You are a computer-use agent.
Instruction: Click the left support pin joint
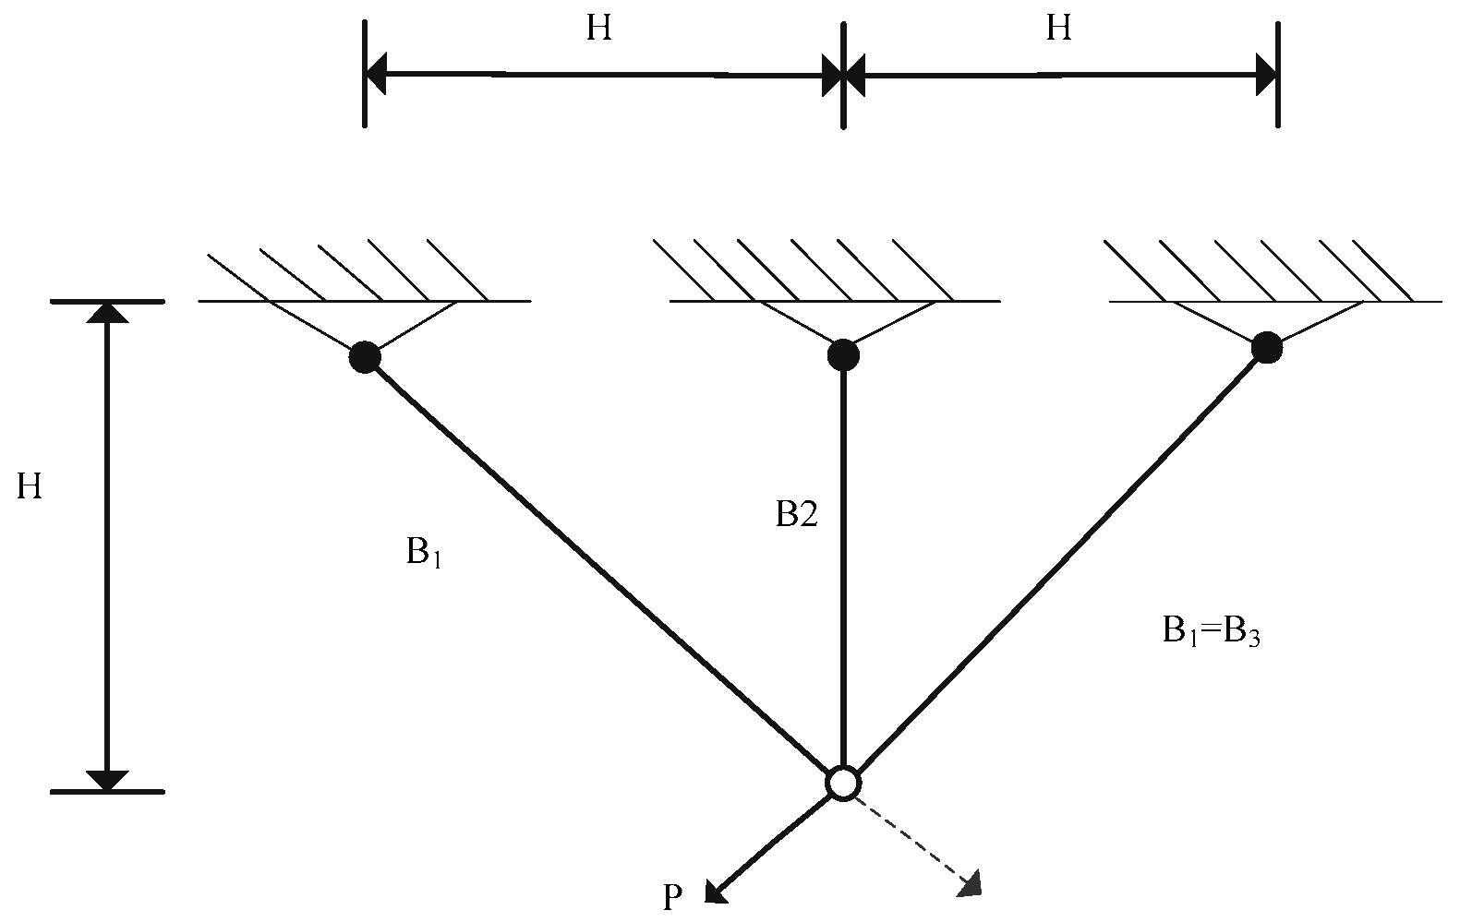(365, 356)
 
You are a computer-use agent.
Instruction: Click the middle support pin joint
(843, 354)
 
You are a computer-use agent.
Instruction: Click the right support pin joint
(1266, 348)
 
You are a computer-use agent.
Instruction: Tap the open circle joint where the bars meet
(843, 784)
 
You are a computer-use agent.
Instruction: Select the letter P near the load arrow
(673, 898)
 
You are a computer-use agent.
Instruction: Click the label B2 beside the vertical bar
(796, 515)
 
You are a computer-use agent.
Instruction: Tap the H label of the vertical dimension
(30, 486)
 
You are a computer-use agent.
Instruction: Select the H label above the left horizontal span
(598, 30)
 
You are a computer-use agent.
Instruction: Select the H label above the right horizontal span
(1058, 30)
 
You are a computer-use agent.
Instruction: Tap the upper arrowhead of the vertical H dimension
(108, 313)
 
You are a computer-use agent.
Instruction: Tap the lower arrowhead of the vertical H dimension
(108, 780)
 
